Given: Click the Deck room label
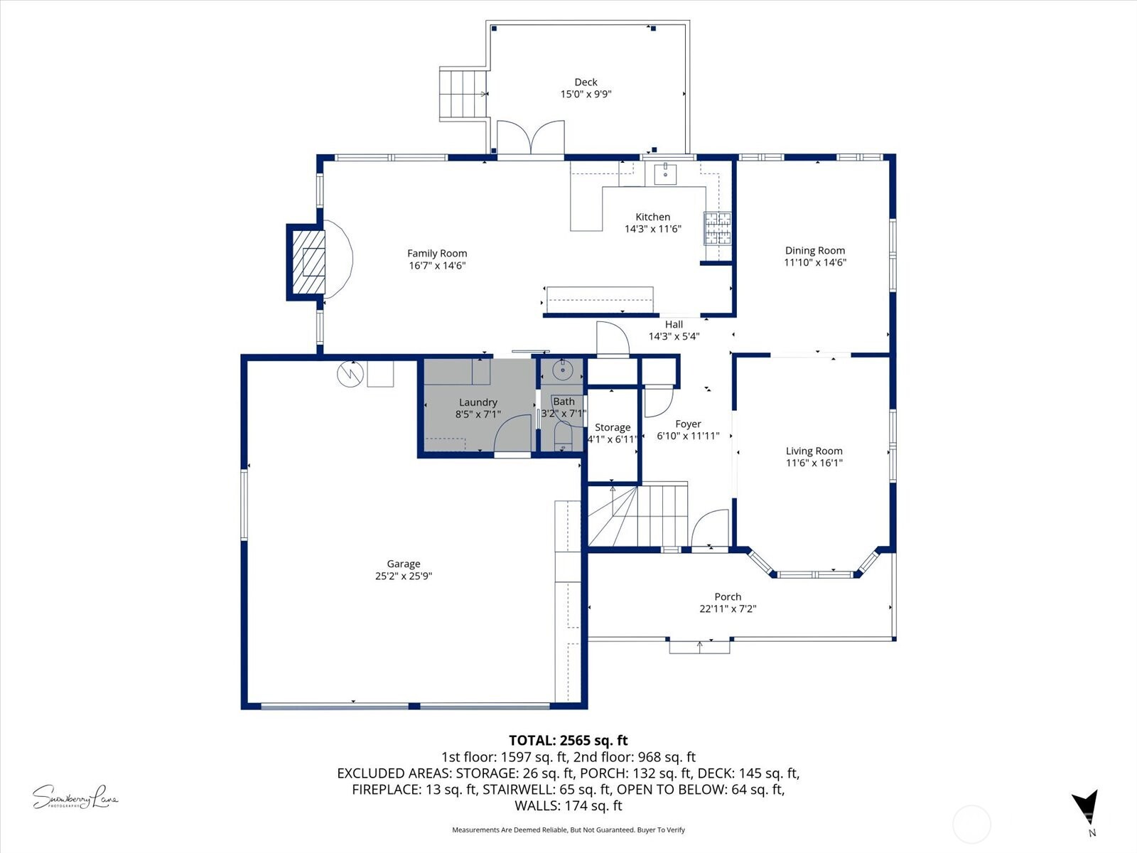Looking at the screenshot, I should pos(586,82).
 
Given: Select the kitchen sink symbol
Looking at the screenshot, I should pos(666,173).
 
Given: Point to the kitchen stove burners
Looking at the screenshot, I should pos(717,228).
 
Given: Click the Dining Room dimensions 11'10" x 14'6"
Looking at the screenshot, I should pos(814,262).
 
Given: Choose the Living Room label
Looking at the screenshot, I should pos(814,451).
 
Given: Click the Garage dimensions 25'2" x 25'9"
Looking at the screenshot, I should pos(403,576).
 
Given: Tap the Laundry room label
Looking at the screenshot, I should pos(478,402).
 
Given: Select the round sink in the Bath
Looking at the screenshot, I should pos(562,370).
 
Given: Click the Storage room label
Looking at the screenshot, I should pos(612,427).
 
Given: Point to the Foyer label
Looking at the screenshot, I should pos(688,424).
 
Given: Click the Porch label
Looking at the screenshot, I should pos(728,597).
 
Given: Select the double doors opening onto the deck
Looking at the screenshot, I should pos(530,137).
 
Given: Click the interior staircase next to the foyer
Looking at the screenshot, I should pos(638,515).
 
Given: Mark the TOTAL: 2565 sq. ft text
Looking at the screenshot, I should pos(568,741).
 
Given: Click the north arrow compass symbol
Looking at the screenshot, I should pos(1085,809).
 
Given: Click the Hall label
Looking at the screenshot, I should pos(674,325).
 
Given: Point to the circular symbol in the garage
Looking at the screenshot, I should pos(350,374).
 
